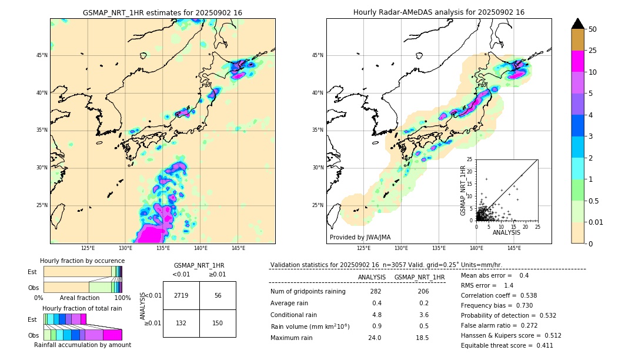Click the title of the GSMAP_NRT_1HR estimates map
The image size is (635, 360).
162,12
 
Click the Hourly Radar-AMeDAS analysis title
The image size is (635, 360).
439,12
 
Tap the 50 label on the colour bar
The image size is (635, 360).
593,29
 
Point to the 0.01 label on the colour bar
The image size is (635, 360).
596,222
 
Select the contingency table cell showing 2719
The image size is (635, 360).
181,295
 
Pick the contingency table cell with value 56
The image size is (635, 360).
218,295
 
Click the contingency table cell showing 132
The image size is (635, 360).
181,323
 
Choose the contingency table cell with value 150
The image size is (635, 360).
218,323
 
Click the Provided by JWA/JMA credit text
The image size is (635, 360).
360,237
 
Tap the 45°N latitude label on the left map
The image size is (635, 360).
41,55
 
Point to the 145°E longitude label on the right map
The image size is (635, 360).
514,248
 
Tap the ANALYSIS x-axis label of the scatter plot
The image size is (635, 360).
506,232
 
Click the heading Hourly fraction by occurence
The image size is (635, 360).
82,261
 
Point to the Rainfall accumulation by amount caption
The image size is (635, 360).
82,345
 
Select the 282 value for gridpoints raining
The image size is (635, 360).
376,291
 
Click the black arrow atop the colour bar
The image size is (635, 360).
578,24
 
